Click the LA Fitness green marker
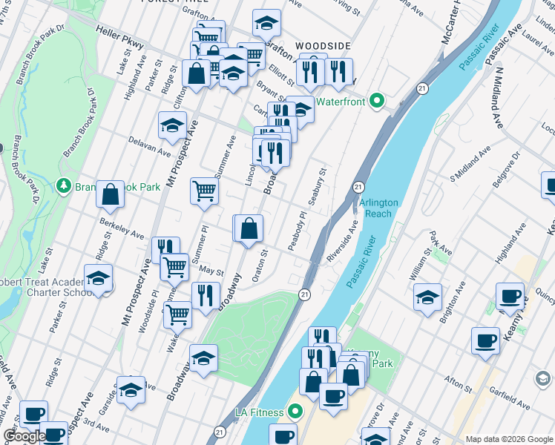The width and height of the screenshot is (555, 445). pyautogui.click(x=295, y=412)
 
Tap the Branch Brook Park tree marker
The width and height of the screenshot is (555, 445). pyautogui.click(x=65, y=186)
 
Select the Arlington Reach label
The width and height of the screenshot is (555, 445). pyautogui.click(x=378, y=208)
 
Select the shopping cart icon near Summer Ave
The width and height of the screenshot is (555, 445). pyautogui.click(x=204, y=191)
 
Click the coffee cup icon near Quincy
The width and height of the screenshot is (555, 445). pyautogui.click(x=510, y=297)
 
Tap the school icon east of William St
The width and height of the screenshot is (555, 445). pyautogui.click(x=427, y=297)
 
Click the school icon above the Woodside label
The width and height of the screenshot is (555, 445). pyautogui.click(x=266, y=24)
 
